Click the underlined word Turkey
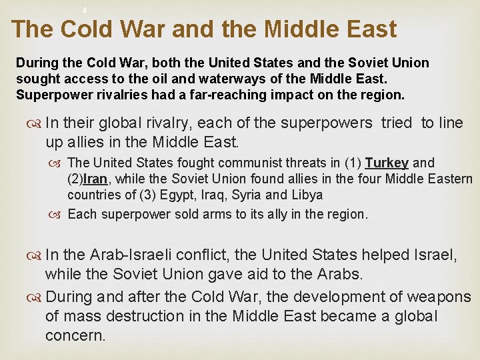pos(387,163)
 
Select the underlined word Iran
pos(94,179)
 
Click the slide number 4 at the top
pos(85,10)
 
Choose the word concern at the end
pos(75,335)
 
